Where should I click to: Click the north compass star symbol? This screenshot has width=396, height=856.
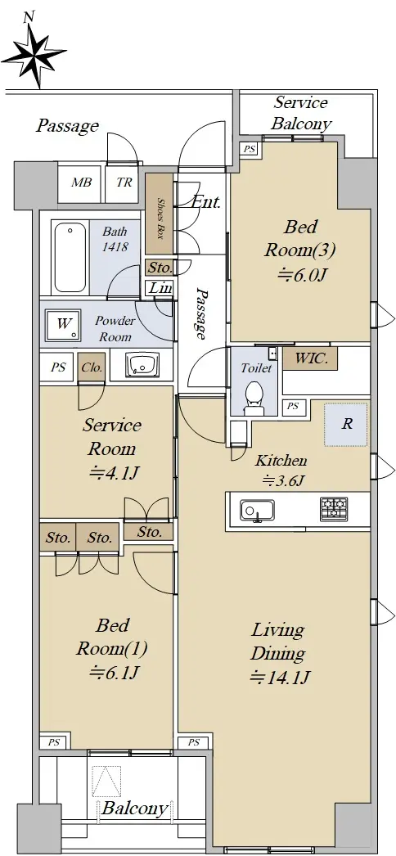coord(34,53)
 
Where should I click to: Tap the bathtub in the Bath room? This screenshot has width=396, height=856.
coord(70,257)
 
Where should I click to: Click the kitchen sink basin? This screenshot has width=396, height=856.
coord(257,510)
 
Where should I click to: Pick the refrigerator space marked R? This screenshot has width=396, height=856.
coord(346,424)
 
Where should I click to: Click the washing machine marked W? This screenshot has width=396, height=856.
coord(64,324)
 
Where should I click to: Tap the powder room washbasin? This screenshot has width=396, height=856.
coord(142,364)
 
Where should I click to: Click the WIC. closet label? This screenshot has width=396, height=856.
coord(310,359)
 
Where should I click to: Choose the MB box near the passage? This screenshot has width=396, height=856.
coord(81,182)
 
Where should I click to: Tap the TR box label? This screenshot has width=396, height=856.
coord(124,182)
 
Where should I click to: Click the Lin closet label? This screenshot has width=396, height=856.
coord(161,288)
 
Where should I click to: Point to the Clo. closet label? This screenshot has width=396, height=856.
coord(92,367)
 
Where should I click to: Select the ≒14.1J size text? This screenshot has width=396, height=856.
coord(280,678)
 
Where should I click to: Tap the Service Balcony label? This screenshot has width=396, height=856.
coord(300,113)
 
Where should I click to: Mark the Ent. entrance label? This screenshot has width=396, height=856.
coord(206,202)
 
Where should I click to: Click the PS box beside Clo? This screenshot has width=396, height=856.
coord(58,367)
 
